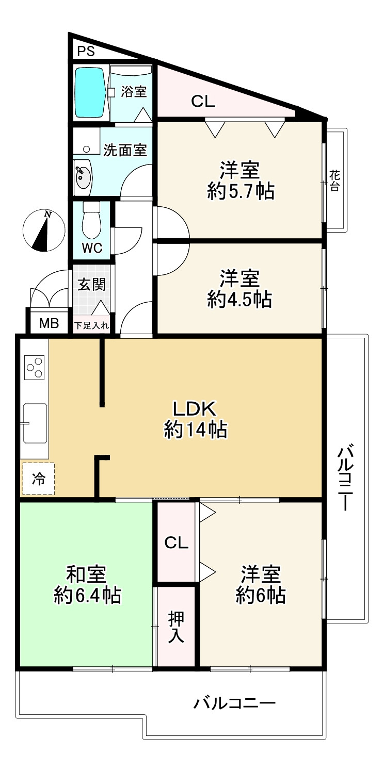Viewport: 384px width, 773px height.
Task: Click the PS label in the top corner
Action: (86, 52)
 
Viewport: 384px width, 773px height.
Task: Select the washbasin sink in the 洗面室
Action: (83, 174)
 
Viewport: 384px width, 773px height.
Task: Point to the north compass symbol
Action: (44, 231)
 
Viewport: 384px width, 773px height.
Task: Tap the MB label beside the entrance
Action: (49, 324)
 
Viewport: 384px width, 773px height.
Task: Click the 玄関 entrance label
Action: (91, 285)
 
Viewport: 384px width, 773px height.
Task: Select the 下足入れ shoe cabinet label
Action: (91, 325)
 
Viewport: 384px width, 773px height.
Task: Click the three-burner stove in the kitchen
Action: (34, 367)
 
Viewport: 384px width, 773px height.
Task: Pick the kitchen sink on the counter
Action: (35, 423)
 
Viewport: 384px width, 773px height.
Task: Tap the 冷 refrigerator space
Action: (38, 479)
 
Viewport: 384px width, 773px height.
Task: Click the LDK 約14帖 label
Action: (195, 419)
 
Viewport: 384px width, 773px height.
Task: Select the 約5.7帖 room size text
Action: (241, 191)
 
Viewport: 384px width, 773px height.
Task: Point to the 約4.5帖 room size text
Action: (239, 299)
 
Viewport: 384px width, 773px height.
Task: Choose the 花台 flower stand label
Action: (334, 181)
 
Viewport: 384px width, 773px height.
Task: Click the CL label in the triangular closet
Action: (203, 102)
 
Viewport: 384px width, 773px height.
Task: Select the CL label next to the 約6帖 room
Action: (177, 543)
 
